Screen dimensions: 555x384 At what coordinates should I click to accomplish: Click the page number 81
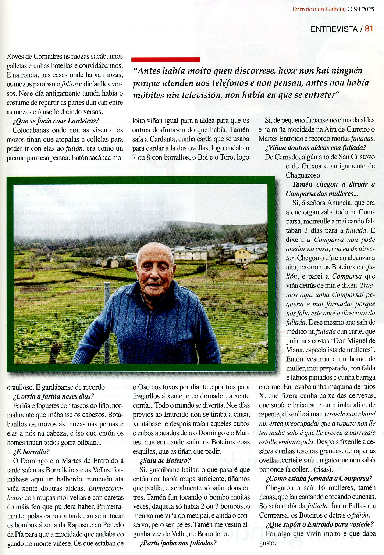369,29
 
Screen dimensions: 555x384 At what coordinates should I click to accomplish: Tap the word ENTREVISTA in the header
334,29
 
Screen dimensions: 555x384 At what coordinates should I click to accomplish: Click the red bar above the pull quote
166,60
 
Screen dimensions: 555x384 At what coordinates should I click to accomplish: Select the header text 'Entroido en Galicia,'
319,9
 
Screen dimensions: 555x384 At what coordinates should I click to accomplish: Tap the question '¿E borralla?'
31,452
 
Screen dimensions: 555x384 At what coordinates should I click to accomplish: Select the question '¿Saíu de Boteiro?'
165,461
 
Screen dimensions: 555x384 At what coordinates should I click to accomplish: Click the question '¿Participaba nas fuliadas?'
178,543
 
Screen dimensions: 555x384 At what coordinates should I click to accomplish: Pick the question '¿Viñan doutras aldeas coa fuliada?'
316,148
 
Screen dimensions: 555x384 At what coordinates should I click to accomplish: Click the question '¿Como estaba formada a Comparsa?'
319,479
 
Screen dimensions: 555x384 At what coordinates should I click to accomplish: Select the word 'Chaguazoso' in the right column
303,175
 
